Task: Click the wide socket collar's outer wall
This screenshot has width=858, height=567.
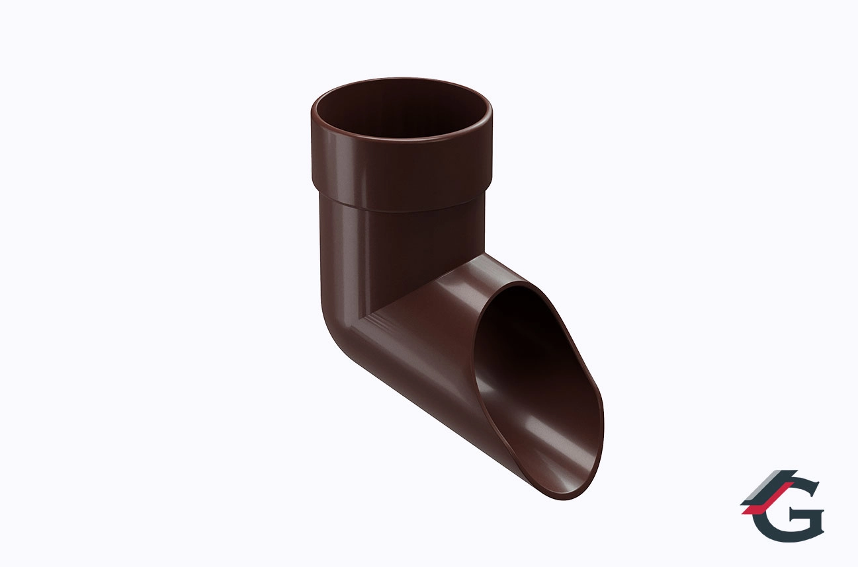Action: [402, 169]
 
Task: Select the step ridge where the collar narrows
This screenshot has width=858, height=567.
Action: [402, 209]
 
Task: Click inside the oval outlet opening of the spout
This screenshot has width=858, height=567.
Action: [536, 375]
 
